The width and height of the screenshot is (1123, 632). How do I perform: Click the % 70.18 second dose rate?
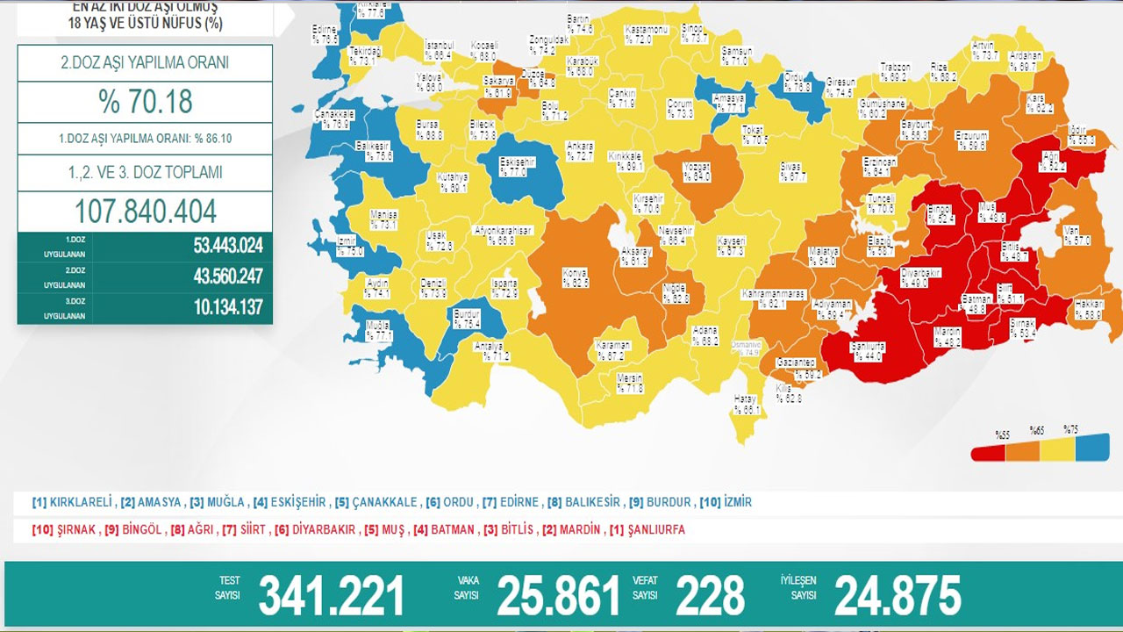coord(146,101)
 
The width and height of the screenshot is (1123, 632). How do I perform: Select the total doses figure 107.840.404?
coord(146,212)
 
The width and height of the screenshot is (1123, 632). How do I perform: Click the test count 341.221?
coord(331,597)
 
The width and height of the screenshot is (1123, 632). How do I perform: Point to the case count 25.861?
coord(558,597)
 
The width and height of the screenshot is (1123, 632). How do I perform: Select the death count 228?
coord(710,597)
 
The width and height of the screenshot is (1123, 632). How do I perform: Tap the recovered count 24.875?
coord(898,597)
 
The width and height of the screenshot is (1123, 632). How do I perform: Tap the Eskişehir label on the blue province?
coord(517,167)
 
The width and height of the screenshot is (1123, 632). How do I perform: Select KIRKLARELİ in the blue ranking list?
coord(80,503)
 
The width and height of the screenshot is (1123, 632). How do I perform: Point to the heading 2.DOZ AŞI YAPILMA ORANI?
coord(146,63)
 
